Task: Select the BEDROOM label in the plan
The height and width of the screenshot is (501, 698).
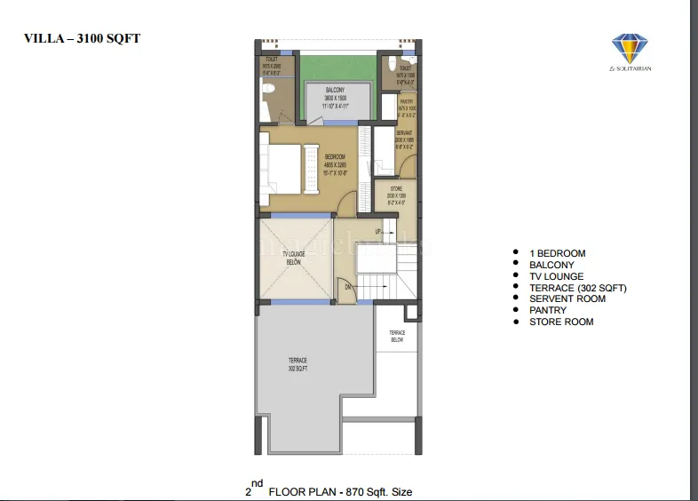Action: click(334, 160)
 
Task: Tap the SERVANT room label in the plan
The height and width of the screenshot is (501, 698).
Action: click(405, 138)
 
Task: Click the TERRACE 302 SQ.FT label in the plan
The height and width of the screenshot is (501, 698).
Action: click(297, 364)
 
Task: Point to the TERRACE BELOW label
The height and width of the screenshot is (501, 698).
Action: click(397, 336)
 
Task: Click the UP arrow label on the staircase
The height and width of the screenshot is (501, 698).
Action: click(378, 231)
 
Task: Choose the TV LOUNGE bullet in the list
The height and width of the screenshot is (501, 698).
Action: click(556, 276)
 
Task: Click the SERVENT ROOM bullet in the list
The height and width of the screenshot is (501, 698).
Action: click(567, 298)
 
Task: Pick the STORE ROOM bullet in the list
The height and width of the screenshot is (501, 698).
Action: click(561, 322)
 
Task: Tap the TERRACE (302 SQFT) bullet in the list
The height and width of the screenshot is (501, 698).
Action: click(577, 288)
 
